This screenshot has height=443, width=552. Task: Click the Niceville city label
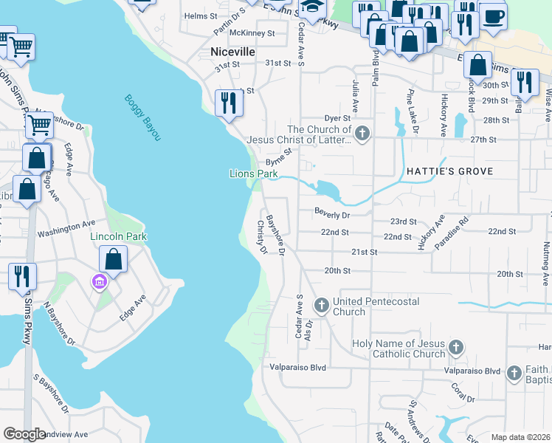point(232,52)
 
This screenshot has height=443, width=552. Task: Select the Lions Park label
point(253,174)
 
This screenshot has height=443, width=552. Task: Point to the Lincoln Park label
point(118,236)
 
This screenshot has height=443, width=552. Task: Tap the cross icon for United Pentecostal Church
point(322,304)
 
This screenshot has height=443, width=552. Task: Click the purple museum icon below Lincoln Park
point(98,281)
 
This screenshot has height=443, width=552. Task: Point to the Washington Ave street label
point(66,227)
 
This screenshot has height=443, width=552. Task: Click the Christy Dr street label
point(261,237)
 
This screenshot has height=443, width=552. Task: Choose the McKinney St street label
point(252,33)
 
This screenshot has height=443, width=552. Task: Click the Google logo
point(24,434)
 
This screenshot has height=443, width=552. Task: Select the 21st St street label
point(364,252)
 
